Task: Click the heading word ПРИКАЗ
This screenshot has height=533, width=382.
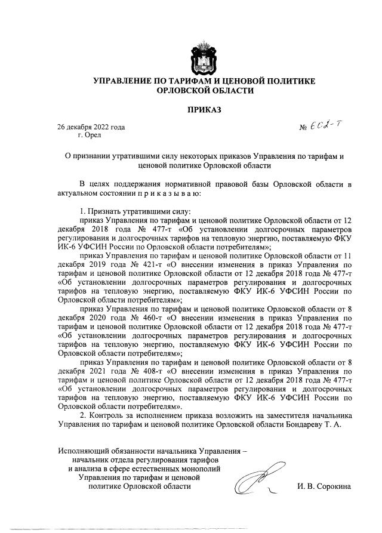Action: pos(205,110)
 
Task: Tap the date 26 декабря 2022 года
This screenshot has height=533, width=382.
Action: pos(91,127)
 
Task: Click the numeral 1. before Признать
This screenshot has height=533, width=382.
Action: pos(83,212)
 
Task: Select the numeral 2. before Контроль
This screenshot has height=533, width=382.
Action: pos(83,415)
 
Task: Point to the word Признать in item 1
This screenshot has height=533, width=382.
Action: pos(105,212)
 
